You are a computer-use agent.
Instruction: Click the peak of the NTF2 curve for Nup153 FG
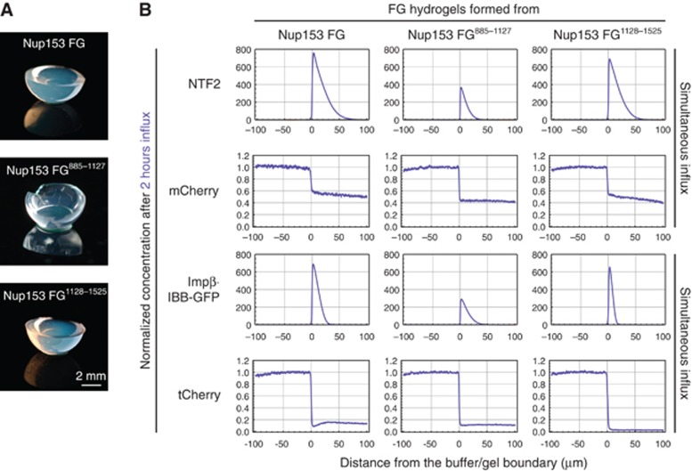coord(313,53)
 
